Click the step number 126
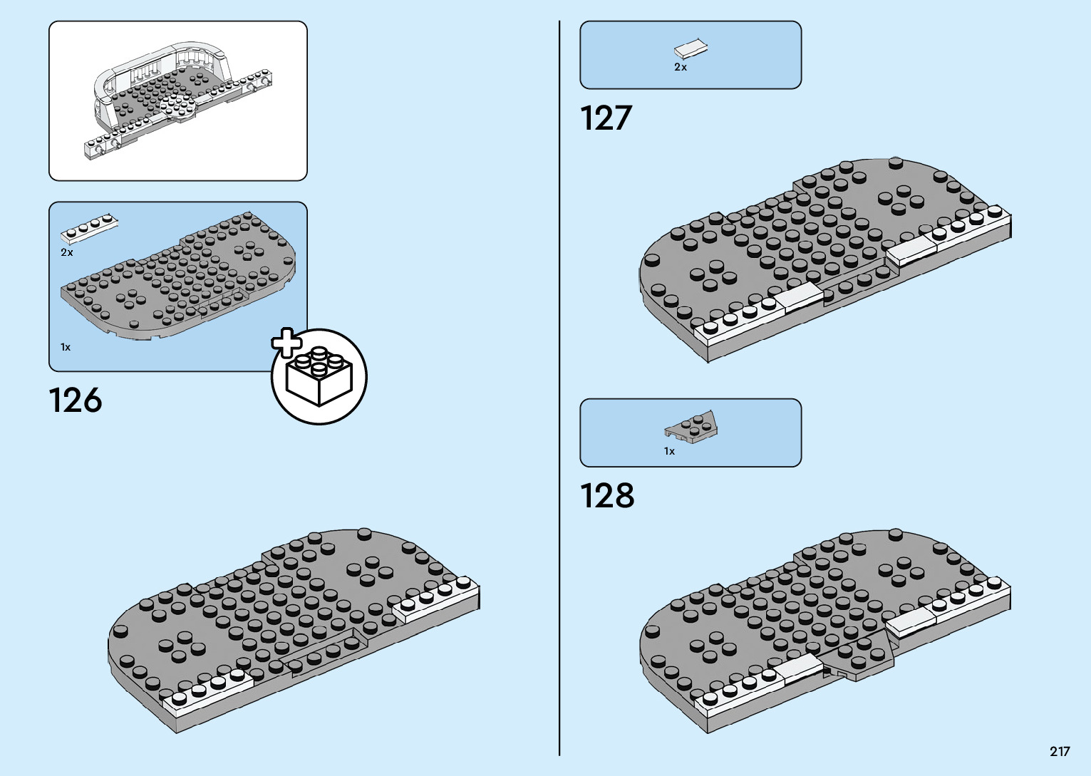tap(76, 400)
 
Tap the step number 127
tap(606, 118)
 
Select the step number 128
tap(607, 496)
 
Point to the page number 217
tap(1059, 751)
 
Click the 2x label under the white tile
tap(681, 67)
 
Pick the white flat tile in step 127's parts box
tap(691, 49)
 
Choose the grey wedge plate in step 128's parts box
tap(692, 427)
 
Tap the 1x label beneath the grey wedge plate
tap(669, 451)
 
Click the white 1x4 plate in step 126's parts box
tap(89, 228)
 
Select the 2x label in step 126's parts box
tap(67, 252)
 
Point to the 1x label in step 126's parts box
tap(66, 347)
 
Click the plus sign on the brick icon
tap(286, 343)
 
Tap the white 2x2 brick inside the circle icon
tap(319, 378)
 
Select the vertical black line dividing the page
tap(559, 388)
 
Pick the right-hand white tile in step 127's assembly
tap(911, 249)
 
